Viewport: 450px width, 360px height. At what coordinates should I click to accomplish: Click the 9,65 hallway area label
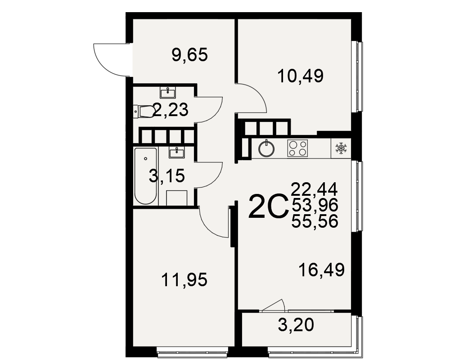(189, 55)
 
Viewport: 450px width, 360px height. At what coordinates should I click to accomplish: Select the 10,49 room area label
(301, 76)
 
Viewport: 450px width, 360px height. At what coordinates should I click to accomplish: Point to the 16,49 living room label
(321, 270)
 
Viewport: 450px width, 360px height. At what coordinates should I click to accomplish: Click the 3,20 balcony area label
(296, 325)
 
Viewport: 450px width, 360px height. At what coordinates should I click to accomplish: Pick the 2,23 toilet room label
(171, 110)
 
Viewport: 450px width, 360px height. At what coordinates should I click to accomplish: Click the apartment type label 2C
(268, 206)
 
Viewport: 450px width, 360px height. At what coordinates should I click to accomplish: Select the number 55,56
(315, 221)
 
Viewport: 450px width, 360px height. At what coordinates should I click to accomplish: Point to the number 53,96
(315, 205)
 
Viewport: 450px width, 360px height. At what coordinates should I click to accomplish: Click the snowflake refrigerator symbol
(341, 148)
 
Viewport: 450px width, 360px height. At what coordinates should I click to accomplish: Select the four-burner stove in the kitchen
(297, 148)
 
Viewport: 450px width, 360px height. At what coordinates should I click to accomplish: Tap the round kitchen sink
(266, 149)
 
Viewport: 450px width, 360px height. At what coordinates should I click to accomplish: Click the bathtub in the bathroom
(145, 176)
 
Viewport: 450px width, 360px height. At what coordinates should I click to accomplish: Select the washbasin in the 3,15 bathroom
(177, 153)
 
